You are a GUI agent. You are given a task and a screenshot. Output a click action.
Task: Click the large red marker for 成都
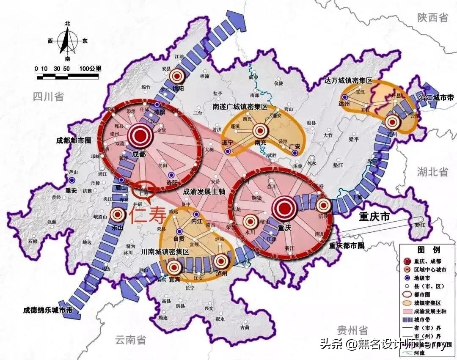pyautogui.click(x=140, y=136)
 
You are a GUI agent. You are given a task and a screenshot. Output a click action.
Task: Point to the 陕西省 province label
pyautogui.click(x=432, y=17)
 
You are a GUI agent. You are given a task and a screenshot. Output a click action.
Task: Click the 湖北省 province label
pyautogui.click(x=432, y=171)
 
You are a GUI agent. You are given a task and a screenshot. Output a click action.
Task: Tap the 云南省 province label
pyautogui.click(x=130, y=339)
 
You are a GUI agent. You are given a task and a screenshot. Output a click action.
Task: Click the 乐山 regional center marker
pyautogui.click(x=117, y=214)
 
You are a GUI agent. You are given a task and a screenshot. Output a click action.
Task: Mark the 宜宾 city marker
pyautogui.click(x=174, y=267)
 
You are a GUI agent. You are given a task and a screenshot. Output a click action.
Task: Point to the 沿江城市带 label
pyautogui.click(x=436, y=98)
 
